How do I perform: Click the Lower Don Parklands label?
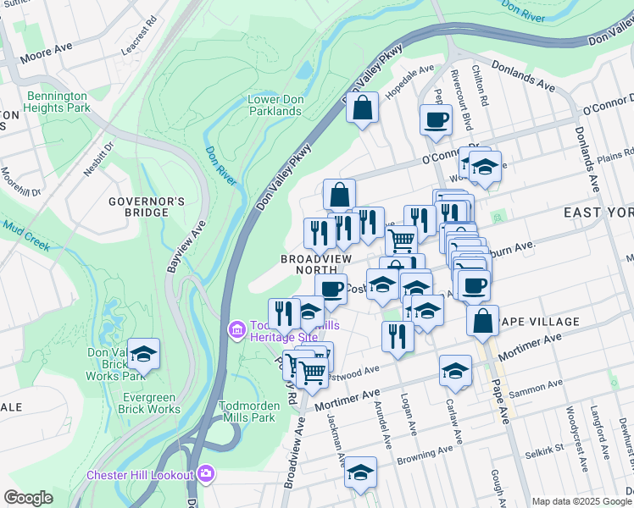(275, 105)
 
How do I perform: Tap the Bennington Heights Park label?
(58, 102)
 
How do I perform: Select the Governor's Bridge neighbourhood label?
(147, 207)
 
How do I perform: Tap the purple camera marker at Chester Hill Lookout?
(204, 472)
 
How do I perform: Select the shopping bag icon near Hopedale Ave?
(362, 108)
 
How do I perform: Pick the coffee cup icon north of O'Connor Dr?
(436, 119)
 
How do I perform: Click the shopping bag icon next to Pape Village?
(482, 321)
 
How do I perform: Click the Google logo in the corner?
(29, 498)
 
